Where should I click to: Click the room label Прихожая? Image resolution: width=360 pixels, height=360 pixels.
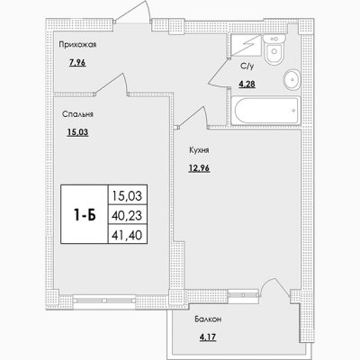(77, 45)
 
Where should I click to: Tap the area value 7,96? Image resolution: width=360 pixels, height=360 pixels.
(77, 63)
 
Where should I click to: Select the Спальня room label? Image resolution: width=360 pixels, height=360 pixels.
(77, 114)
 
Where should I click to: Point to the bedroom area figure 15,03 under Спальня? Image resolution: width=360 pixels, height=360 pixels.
(77, 132)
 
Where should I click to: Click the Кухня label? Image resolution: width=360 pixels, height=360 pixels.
(199, 150)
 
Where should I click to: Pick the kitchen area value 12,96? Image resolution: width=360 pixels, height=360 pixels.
(199, 168)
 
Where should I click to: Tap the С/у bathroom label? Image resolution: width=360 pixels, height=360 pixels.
(247, 67)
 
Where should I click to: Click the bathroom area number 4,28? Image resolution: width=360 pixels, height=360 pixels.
(247, 85)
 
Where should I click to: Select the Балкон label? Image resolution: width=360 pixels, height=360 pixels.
(208, 319)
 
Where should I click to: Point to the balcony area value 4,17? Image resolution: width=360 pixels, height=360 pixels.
(208, 337)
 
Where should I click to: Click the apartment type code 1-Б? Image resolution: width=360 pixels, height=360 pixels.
(85, 215)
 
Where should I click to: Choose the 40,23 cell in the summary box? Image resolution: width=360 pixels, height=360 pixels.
(128, 215)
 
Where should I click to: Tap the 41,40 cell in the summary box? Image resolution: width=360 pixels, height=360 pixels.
(128, 234)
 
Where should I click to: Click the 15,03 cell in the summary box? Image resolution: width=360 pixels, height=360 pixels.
(128, 195)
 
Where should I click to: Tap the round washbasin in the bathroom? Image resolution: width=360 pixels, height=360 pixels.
(292, 80)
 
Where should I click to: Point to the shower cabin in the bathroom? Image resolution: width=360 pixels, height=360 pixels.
(247, 45)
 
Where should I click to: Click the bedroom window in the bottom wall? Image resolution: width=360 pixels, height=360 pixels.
(104, 300)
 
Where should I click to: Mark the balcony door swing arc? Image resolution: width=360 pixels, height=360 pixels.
(274, 281)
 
